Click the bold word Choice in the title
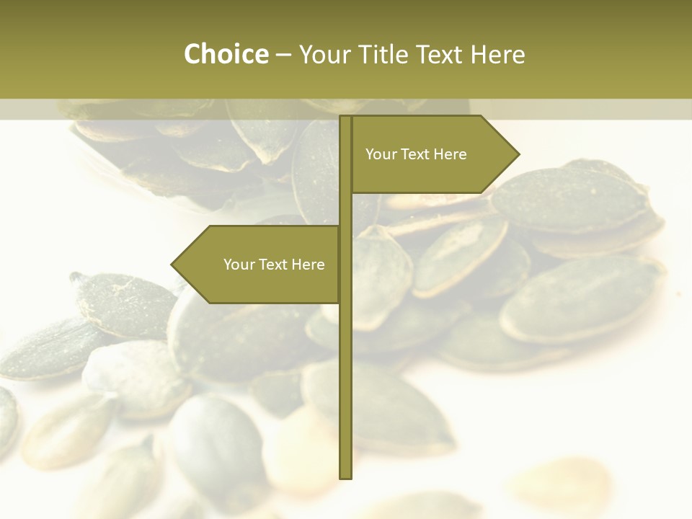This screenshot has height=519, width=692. tap(226, 54)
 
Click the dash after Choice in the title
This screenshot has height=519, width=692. tap(283, 55)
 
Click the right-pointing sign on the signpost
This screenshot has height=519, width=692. tap(432, 154)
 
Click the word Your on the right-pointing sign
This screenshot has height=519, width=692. tap(380, 154)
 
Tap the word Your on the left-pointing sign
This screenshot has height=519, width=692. tap(238, 265)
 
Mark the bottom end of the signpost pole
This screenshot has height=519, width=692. tap(345, 476)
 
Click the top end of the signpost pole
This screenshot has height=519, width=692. tap(345, 118)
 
